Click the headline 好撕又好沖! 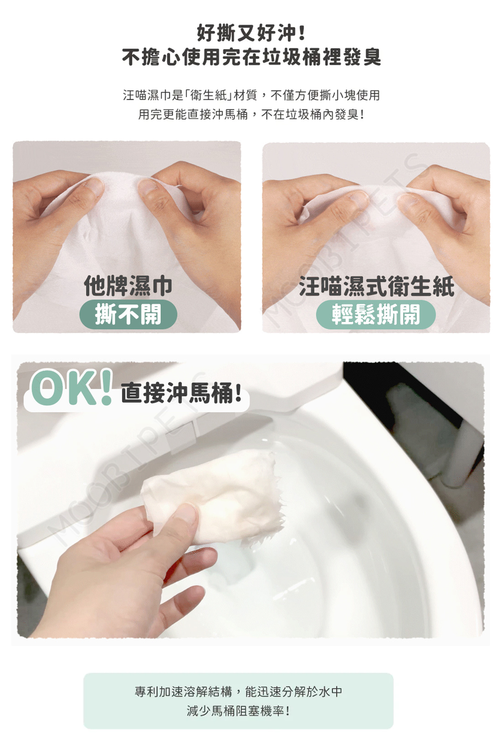tap(251, 33)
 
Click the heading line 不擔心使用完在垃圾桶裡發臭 tap(251, 57)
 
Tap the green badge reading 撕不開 tap(128, 314)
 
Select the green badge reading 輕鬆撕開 tap(376, 314)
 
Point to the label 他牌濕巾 tap(128, 286)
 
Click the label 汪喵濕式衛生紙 tap(376, 287)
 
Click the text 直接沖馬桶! tap(181, 393)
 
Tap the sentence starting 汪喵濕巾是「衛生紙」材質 tap(251, 95)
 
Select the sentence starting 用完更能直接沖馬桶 tap(251, 114)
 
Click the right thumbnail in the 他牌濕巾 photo tap(147, 187)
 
